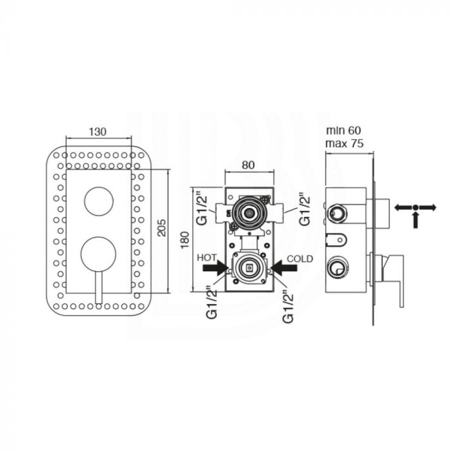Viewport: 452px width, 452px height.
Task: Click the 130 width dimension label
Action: click(98, 132)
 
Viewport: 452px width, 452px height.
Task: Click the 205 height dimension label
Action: click(162, 228)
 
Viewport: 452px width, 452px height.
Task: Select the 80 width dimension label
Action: click(248, 165)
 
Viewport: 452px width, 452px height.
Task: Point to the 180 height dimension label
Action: click(185, 240)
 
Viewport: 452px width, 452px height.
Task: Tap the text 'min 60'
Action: click(344, 130)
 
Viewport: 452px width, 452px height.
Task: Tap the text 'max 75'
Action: click(344, 143)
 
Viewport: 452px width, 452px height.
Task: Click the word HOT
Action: click(207, 258)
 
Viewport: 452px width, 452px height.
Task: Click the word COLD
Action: click(300, 259)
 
